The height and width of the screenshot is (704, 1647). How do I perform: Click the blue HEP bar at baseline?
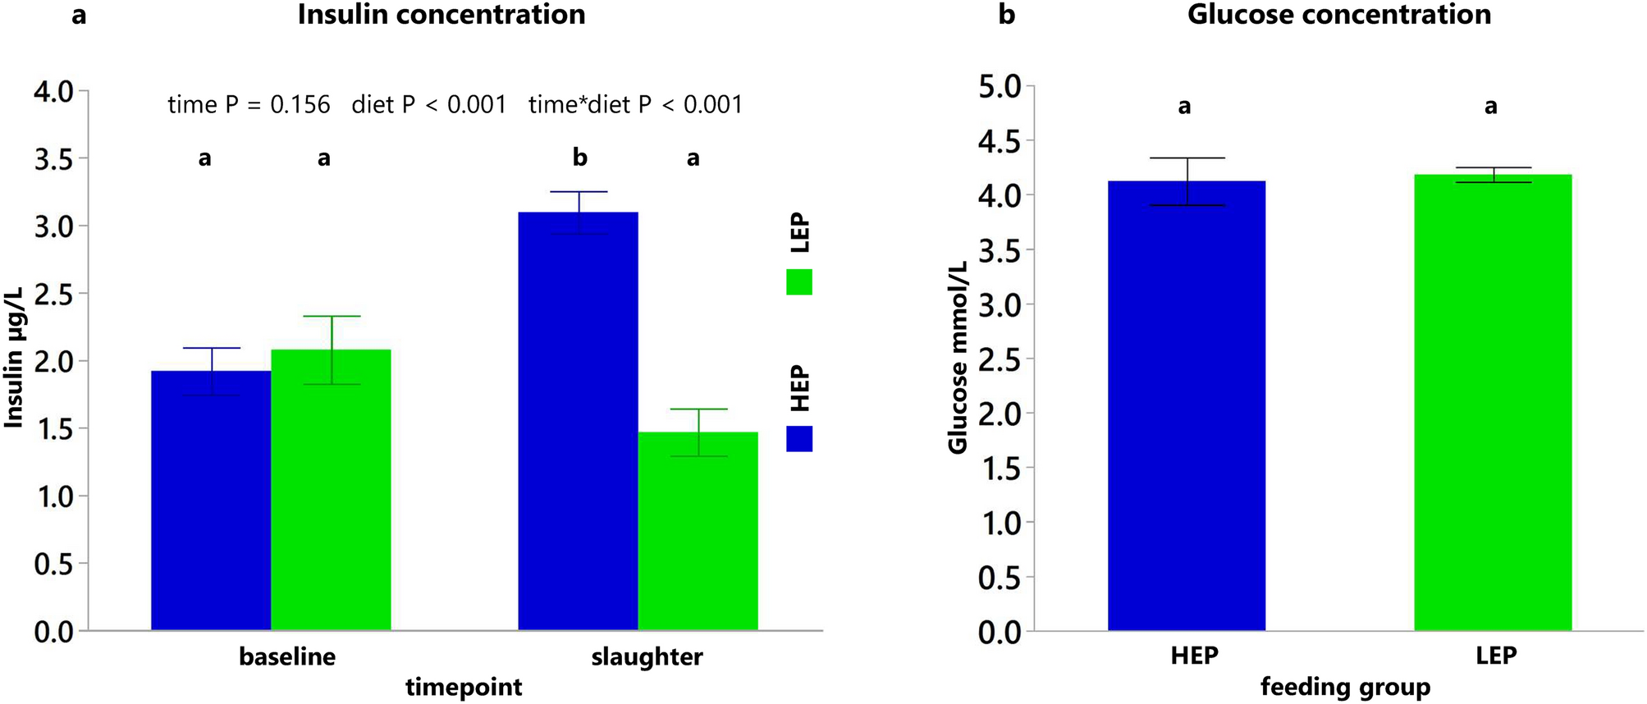(211, 501)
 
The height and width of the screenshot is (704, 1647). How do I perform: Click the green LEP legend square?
(798, 282)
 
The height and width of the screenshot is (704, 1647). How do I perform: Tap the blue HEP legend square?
(798, 438)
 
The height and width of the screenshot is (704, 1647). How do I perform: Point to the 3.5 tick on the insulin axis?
(53, 158)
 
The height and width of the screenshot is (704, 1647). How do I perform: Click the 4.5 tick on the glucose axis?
(999, 141)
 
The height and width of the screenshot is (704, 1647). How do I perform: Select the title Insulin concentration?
(441, 15)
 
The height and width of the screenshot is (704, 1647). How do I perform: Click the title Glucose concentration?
(1338, 15)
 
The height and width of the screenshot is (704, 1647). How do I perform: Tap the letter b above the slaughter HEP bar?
(579, 157)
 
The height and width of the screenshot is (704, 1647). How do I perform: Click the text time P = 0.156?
(249, 104)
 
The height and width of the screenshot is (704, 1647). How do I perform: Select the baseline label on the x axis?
(287, 657)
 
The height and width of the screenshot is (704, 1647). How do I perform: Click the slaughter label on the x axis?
(647, 657)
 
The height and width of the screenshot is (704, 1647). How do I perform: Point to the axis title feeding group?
(1345, 686)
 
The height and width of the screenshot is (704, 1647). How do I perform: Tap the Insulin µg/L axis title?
(14, 358)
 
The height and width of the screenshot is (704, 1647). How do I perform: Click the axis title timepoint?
(464, 687)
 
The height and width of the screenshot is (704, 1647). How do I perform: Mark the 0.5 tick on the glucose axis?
(999, 578)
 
